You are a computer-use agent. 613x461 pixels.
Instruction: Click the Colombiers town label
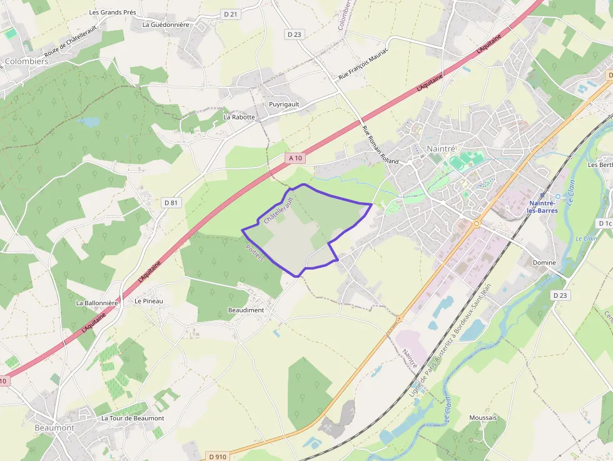(x=26, y=61)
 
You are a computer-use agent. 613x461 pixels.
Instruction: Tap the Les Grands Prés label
(x=113, y=12)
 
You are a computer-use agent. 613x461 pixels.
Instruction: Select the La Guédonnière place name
(x=166, y=25)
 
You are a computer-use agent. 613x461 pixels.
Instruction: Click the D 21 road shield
(x=231, y=14)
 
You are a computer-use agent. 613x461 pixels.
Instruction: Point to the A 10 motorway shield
(x=296, y=158)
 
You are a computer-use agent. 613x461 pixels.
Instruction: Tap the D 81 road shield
(x=171, y=203)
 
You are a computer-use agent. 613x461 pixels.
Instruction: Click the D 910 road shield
(x=218, y=457)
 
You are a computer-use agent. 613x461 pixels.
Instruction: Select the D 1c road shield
(x=604, y=223)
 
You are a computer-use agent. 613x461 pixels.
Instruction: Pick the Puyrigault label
(x=284, y=104)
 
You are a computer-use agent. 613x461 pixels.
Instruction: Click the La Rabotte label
(x=240, y=117)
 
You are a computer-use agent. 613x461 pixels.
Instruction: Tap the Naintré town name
(x=441, y=148)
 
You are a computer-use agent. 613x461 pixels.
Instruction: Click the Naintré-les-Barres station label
(x=544, y=206)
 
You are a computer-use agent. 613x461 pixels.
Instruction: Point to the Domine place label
(x=544, y=263)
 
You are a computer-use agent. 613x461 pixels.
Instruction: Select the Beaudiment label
(x=246, y=310)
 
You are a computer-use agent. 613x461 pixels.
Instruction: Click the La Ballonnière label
(x=97, y=303)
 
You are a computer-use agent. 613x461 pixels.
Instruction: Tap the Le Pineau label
(x=148, y=301)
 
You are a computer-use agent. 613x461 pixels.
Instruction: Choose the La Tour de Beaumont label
(x=133, y=418)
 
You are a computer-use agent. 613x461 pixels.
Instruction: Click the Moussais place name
(x=483, y=417)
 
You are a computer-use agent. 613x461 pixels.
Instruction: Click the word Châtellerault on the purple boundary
(x=278, y=210)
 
